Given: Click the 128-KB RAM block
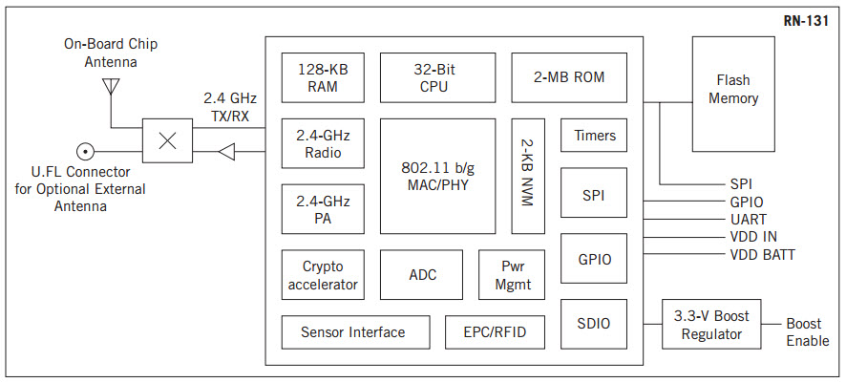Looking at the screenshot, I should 322,77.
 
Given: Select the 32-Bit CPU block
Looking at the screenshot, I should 437,77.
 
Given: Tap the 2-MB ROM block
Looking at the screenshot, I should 569,77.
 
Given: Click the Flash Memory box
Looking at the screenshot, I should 733,94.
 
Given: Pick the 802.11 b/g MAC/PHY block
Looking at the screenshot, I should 437,176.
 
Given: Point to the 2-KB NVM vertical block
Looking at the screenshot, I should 528,176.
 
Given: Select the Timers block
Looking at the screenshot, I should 594,136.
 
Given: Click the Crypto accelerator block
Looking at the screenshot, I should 322,275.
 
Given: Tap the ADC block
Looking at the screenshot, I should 422,275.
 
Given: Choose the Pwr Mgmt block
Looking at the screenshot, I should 511,275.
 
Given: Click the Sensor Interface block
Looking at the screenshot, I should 352,332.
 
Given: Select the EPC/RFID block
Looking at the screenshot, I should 493,332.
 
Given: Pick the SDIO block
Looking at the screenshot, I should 594,324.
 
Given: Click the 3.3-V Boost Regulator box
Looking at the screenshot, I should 711,325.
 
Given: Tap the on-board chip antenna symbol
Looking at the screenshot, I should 111,87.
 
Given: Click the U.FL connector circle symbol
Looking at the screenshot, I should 85,151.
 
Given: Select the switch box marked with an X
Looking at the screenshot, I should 167,140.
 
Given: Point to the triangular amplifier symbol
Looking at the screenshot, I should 226,151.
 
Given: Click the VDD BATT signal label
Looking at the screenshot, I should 762,255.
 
